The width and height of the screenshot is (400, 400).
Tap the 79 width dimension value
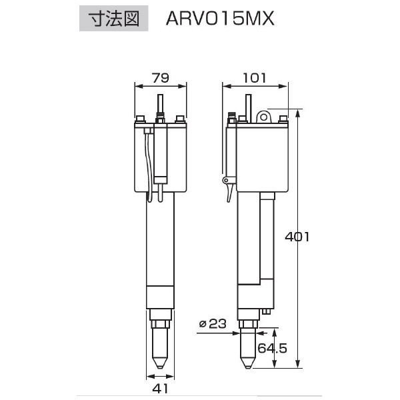[160, 78]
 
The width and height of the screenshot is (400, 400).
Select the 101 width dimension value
[254, 78]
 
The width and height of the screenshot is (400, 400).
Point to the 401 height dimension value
[296, 237]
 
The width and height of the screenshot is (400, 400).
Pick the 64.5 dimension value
[271, 348]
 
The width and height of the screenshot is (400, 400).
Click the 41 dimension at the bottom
[160, 388]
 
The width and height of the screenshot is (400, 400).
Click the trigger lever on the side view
[230, 187]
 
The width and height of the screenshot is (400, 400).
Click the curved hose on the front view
[148, 167]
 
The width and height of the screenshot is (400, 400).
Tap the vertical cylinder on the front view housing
[160, 153]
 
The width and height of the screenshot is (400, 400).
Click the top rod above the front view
[160, 105]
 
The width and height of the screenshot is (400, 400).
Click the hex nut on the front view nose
[160, 324]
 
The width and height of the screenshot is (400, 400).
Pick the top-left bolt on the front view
[141, 120]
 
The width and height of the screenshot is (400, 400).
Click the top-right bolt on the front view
[179, 120]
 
